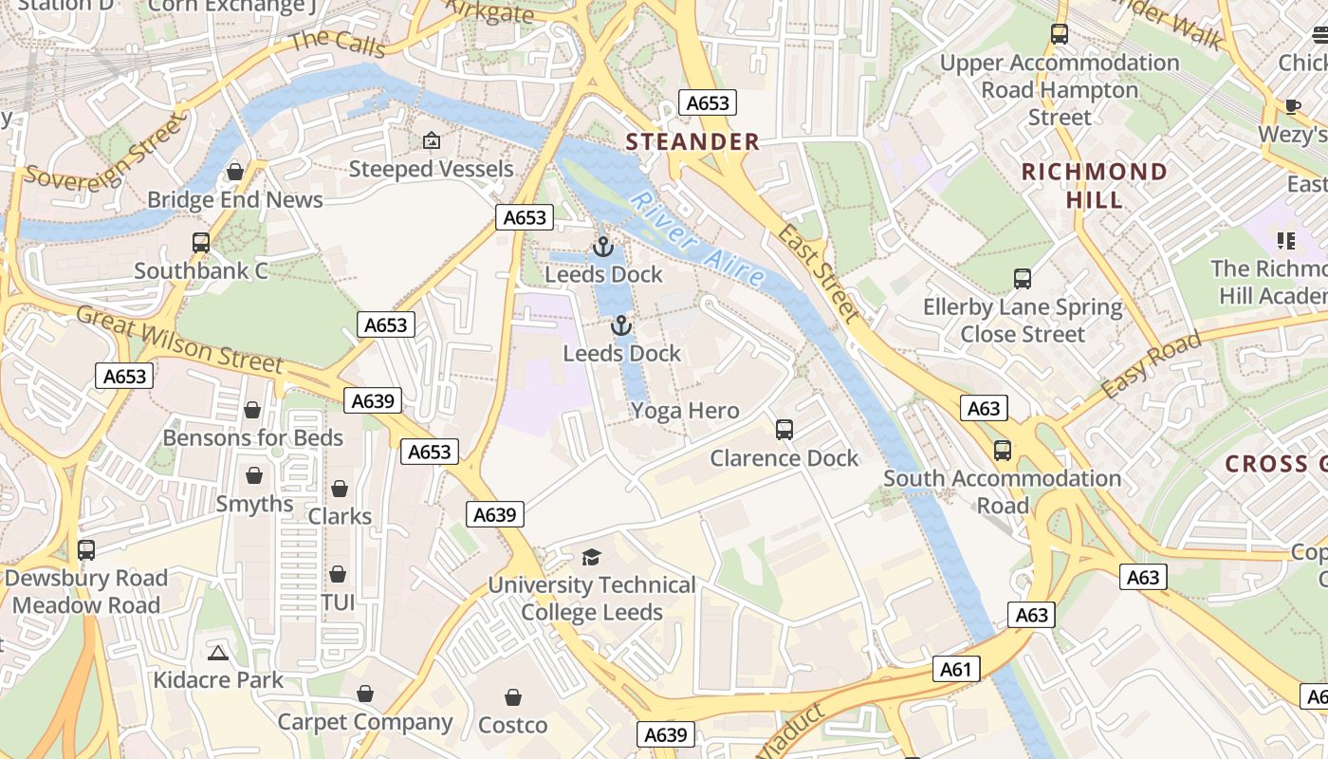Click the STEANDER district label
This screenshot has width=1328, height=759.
692,142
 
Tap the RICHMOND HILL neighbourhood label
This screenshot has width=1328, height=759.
1094,186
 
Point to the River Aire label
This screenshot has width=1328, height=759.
697,240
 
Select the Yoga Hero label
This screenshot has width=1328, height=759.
685,411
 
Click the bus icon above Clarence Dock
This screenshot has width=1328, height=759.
784,430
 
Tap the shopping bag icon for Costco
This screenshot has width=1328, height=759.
512,698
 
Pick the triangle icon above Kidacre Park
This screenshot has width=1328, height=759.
218,653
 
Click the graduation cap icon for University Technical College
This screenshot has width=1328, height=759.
592,557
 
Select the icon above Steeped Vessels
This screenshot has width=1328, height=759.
432,141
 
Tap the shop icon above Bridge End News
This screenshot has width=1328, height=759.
235,172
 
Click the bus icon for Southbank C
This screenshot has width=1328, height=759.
201,243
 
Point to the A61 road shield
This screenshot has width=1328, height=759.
955,670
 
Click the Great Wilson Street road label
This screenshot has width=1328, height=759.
179,339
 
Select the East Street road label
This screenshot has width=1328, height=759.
819,273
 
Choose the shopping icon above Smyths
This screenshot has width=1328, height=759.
254,475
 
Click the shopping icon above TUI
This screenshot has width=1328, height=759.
338,575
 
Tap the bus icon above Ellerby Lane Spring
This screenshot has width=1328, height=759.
1022,279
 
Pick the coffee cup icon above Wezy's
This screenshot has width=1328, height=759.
1292,106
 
